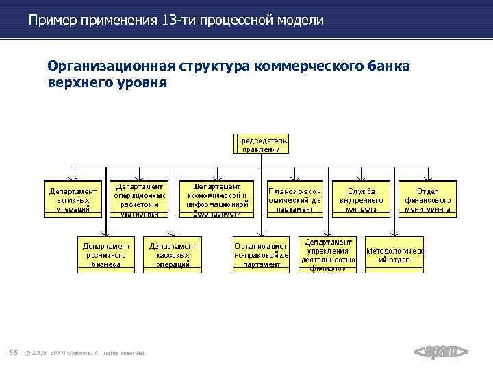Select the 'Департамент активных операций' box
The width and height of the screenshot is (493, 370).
point(73,199)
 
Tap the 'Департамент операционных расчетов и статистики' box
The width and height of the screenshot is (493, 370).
point(140,199)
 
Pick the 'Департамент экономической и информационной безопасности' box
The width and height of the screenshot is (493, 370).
point(217,199)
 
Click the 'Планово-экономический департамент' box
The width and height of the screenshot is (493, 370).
point(295,199)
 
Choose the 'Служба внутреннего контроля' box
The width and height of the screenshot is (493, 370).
point(362,199)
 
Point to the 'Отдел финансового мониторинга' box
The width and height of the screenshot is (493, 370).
point(428,199)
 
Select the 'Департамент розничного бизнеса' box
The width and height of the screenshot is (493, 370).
point(106,255)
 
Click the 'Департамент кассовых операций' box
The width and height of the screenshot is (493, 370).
point(173,255)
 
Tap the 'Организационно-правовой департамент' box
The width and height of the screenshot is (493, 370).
point(261,255)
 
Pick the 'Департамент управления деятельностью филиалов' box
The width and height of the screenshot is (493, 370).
point(329,255)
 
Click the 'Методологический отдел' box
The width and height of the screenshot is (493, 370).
point(394,255)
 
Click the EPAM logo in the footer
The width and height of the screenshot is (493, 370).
point(441,352)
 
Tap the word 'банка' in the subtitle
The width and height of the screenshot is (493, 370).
point(389,66)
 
